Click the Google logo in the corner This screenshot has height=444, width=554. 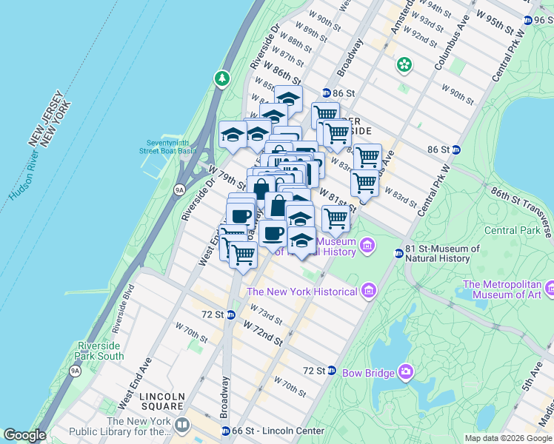pos(24,435)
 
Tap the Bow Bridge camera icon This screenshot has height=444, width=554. pos(405,371)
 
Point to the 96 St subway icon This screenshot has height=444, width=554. pos(527,21)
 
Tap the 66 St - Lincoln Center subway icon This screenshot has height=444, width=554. pos(226,431)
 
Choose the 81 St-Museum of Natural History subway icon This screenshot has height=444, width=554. pos(398,254)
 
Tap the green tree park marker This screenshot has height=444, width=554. pos(221,78)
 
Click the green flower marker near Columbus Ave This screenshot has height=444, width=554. pos(404,65)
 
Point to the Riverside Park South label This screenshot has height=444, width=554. pos(100,351)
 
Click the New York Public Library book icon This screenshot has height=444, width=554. pos(181,425)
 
